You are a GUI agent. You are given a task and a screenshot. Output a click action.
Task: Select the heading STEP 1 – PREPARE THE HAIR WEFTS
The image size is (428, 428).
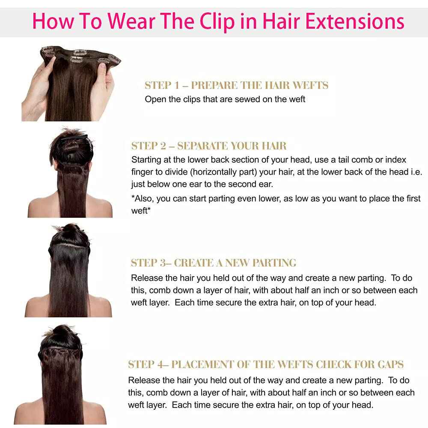coord(236,85)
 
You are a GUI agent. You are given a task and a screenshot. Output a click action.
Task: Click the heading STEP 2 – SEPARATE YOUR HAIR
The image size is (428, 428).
coord(209,146)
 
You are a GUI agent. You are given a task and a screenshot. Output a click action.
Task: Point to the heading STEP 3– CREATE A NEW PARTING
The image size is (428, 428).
coord(213,262)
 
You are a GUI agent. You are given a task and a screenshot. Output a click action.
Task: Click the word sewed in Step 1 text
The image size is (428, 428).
coord(242,99)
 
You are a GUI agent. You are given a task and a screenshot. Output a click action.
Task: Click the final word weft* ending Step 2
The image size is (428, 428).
coord(141,211)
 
